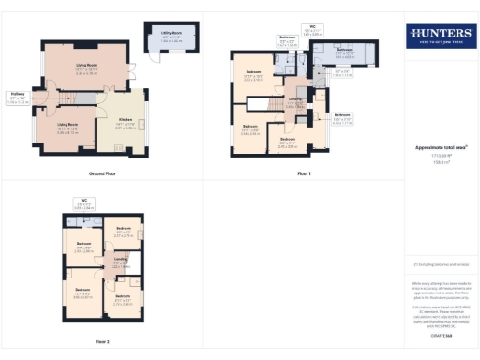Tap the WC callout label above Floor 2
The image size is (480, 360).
(83, 202)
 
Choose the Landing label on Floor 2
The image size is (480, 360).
(121, 263)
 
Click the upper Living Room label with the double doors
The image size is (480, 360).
(88, 67)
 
